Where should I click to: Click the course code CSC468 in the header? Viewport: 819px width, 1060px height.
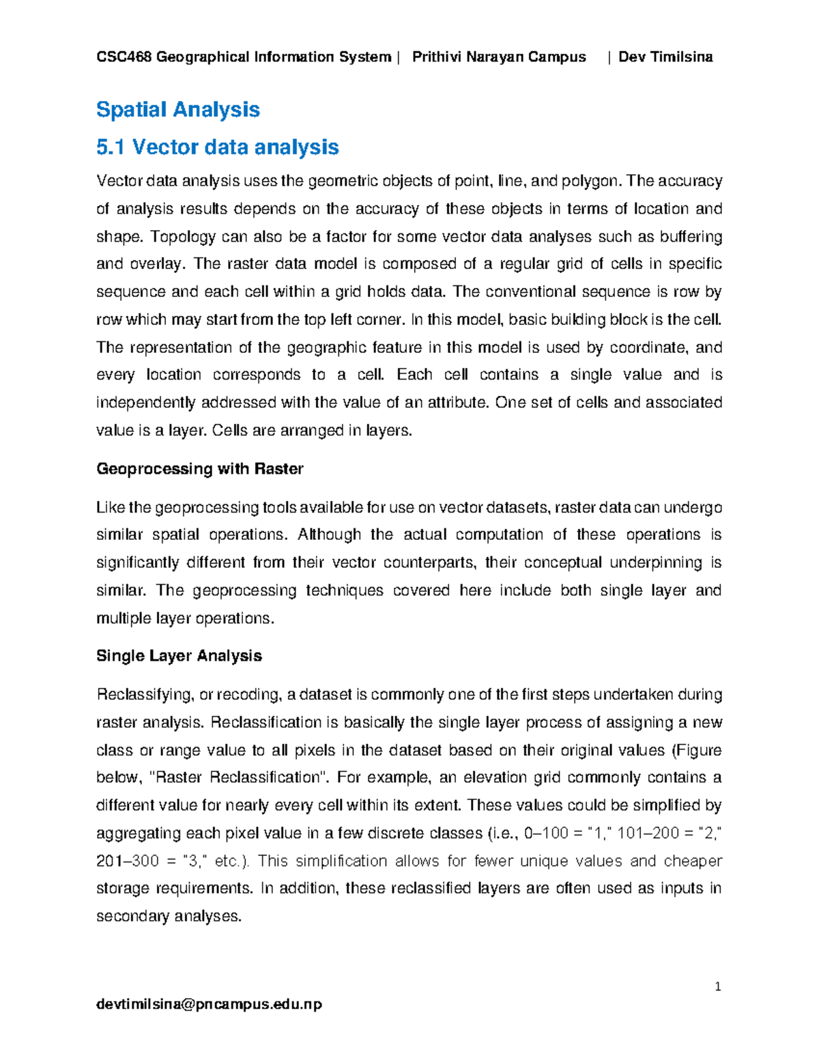point(124,57)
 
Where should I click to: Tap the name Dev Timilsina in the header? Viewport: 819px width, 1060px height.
point(665,57)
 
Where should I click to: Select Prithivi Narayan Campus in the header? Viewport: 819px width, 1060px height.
point(499,57)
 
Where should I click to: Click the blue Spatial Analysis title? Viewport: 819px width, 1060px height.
point(177,109)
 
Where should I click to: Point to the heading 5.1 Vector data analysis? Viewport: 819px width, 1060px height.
point(218,147)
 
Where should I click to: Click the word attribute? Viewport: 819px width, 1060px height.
point(458,403)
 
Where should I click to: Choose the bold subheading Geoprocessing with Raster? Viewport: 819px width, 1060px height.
point(199,469)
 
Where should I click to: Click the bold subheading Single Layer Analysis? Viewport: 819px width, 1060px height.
point(179,656)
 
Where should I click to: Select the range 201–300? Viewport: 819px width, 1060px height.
point(128,861)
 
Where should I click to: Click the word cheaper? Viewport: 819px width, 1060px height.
point(693,861)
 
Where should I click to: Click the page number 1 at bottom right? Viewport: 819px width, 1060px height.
point(718,986)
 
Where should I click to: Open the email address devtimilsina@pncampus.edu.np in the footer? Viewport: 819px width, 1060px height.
point(209,1004)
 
